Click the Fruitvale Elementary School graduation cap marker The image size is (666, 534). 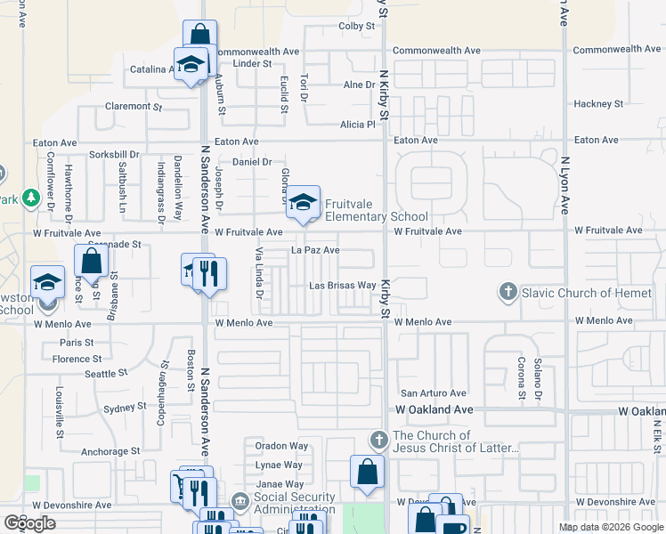(303, 202)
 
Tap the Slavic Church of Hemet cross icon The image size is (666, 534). (508, 292)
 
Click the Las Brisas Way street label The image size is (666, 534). (342, 286)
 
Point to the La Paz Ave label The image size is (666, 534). (316, 251)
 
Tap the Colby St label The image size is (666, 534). (356, 27)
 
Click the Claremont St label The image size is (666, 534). (134, 106)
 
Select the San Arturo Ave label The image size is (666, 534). (434, 392)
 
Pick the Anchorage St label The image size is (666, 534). (105, 451)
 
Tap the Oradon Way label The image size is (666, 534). (281, 446)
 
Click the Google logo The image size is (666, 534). (30, 523)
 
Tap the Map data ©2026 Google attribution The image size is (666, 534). (610, 527)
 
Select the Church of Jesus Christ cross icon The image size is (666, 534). (379, 441)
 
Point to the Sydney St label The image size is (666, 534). (125, 408)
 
